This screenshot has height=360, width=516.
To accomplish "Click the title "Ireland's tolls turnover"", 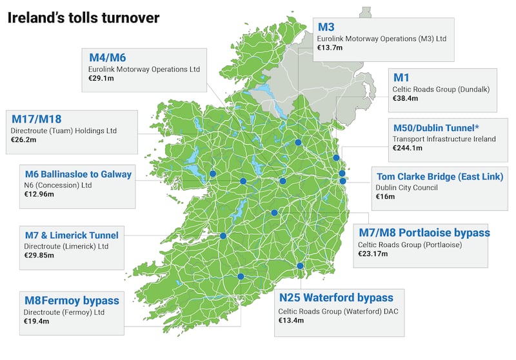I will click(x=83, y=17).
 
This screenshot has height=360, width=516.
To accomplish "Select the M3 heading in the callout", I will click(x=326, y=27).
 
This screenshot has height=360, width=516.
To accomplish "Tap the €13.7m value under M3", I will click(x=331, y=49).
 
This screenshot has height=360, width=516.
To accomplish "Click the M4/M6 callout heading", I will click(x=108, y=57).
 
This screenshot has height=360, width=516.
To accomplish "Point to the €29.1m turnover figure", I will click(x=101, y=79).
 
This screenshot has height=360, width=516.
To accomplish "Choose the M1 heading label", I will click(x=401, y=77).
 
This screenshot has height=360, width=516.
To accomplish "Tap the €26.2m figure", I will click(x=24, y=141).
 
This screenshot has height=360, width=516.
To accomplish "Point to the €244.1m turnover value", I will click(x=408, y=148).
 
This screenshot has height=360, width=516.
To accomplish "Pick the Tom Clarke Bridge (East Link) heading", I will click(x=439, y=176).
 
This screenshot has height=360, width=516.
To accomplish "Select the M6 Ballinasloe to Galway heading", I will click(x=78, y=174).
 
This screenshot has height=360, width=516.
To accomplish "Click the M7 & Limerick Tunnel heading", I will click(x=71, y=235).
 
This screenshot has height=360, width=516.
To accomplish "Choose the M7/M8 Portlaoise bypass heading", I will click(x=424, y=232).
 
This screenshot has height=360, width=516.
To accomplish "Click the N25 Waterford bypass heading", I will click(x=335, y=298).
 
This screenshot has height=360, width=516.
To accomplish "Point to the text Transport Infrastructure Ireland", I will click(x=444, y=139).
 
